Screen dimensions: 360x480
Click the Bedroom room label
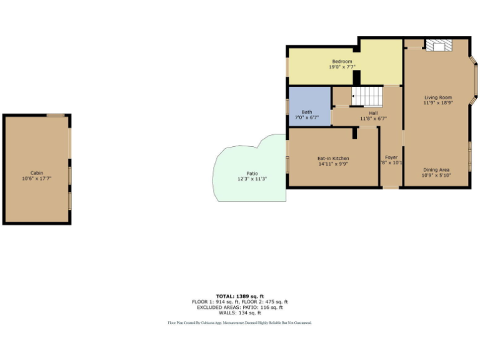[x=342, y=61]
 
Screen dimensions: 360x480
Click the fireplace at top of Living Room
[x=438, y=45]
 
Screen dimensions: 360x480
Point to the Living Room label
[x=437, y=97]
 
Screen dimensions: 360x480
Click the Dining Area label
[x=436, y=170]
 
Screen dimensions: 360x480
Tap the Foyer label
[x=391, y=157]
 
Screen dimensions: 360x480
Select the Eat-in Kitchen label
[x=333, y=159]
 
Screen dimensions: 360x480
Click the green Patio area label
[x=252, y=173]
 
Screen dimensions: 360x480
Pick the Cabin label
[x=37, y=172]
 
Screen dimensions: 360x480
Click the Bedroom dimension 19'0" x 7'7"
[x=342, y=67]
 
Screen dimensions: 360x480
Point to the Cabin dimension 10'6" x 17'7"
[x=37, y=178]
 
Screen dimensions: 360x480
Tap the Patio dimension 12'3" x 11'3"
[x=252, y=179]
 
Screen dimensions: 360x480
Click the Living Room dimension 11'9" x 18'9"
[x=437, y=103]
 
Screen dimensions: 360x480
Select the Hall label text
[x=373, y=113]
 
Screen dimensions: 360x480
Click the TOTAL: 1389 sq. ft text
[x=240, y=296]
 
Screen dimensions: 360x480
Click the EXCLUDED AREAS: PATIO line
[x=240, y=307]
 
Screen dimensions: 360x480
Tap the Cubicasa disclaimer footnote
[x=239, y=323]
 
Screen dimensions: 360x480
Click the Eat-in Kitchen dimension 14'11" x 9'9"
[x=333, y=164]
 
